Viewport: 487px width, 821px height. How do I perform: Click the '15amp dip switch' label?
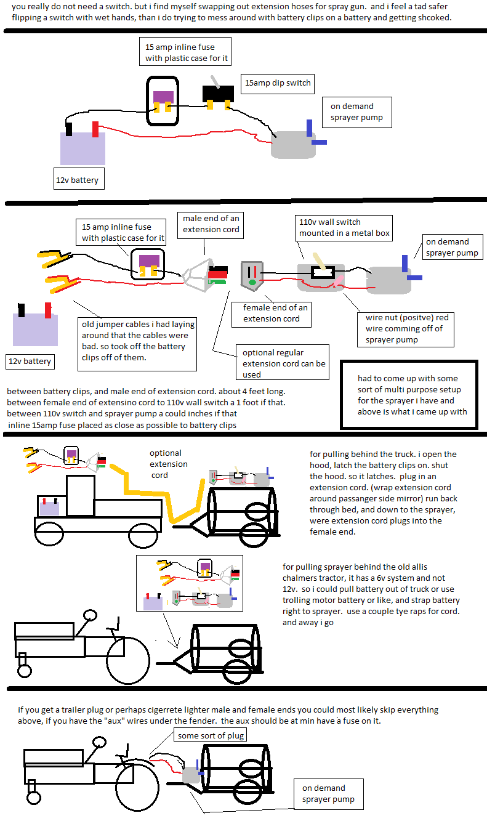point(278,83)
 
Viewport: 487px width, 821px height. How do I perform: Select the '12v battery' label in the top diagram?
point(77,180)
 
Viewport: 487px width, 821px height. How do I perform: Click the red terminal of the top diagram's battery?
point(95,129)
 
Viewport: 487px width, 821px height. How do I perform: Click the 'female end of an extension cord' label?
point(271,313)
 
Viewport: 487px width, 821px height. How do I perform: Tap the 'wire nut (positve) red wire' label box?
point(406,328)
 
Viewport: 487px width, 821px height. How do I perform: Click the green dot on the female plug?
point(252,283)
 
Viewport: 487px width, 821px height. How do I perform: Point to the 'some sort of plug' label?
point(211,735)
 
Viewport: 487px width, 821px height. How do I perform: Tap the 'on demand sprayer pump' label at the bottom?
point(329,794)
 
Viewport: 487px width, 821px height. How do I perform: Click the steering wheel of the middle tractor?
point(91,615)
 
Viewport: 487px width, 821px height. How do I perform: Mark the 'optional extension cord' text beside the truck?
point(169,464)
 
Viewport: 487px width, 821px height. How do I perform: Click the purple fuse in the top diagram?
point(163,96)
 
